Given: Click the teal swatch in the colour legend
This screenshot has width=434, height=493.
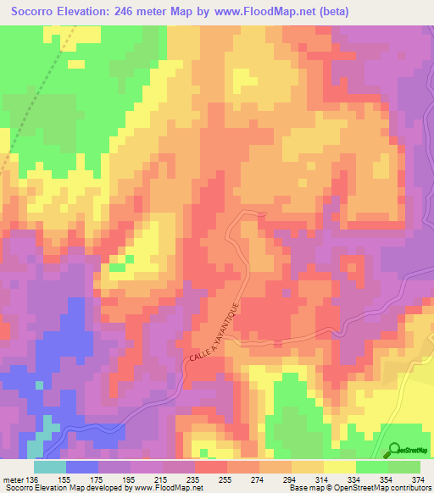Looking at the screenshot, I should click(49, 468).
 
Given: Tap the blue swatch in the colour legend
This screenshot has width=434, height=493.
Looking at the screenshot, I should click(81, 468).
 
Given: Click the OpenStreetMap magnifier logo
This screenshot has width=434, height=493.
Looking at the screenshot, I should click(394, 449).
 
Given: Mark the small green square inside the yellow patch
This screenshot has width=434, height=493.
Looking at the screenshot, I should click(117, 268).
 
